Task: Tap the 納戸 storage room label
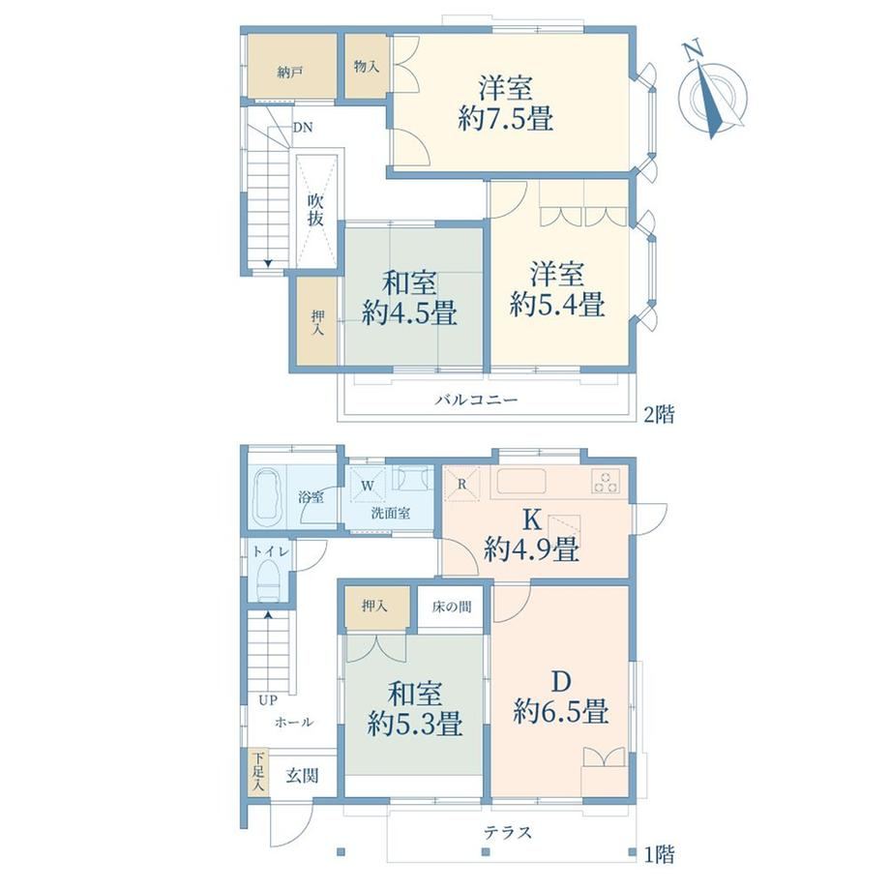(289, 73)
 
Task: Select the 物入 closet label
(366, 67)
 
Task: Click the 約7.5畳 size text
(505, 119)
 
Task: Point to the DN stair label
(303, 128)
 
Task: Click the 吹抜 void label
(316, 210)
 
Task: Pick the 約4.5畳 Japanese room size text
(409, 312)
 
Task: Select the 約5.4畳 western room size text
(557, 304)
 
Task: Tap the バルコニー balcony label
(476, 400)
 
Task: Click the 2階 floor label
(659, 415)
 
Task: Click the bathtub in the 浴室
(268, 497)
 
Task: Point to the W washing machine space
(368, 486)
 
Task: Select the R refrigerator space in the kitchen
(461, 484)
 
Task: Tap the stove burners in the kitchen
(607, 482)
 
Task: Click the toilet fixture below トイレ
(269, 580)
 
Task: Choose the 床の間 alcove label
(451, 607)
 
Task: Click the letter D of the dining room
(561, 682)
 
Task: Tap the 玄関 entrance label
(302, 776)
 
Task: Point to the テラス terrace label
(508, 833)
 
